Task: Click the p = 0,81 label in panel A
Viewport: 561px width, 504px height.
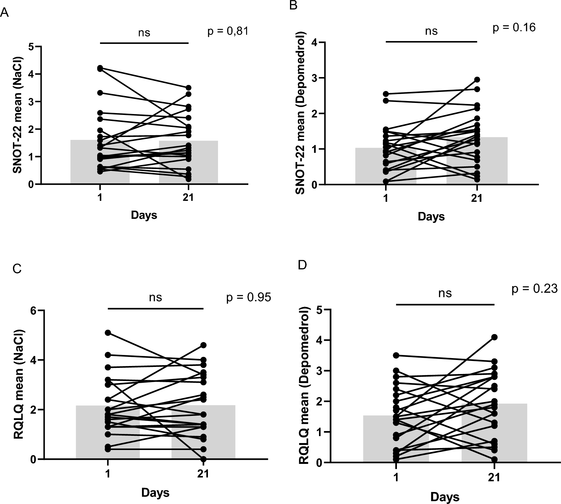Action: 228,32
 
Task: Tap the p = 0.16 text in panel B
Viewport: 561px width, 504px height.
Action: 514,28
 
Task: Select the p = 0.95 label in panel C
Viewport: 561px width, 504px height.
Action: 249,297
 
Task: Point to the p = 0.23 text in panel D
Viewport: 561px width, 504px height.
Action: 534,289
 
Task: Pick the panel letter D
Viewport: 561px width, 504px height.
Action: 302,265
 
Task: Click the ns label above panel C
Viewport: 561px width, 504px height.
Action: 156,297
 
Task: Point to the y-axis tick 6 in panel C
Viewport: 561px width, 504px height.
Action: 33,310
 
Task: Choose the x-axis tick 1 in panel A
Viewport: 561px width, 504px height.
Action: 100,198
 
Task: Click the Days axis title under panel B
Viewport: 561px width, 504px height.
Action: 431,217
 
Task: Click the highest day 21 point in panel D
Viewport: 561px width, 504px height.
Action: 494,337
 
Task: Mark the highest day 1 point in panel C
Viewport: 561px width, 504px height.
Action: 108,333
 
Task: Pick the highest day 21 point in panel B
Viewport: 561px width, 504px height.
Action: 477,80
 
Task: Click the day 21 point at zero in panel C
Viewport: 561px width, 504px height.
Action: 204,459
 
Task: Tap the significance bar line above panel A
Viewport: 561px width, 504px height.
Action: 144,43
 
